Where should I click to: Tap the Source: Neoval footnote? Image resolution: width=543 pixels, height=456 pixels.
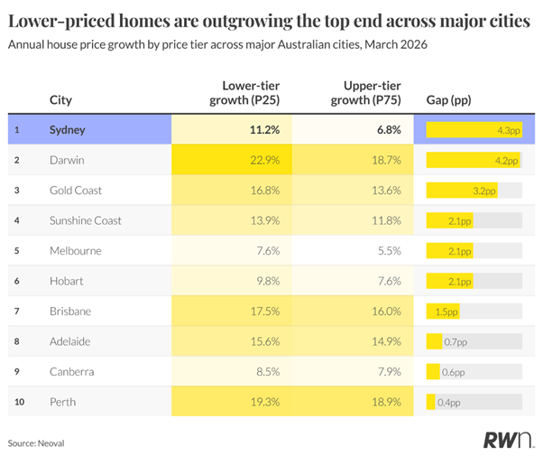pos(36,443)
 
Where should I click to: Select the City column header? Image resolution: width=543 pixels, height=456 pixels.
pos(61,100)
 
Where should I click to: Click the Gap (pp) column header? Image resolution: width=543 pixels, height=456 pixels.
pos(448,100)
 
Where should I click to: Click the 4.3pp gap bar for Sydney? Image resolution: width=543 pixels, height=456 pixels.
pos(474,130)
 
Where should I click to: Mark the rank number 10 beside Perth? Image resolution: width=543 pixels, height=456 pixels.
pos(17,401)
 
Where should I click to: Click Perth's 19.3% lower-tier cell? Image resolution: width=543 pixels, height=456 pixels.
pos(262,401)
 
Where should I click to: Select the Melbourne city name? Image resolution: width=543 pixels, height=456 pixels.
pos(76,250)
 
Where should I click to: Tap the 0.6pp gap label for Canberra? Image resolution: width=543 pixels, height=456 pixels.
pos(453,371)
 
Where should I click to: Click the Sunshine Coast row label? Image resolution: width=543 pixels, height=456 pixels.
pos(86,220)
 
